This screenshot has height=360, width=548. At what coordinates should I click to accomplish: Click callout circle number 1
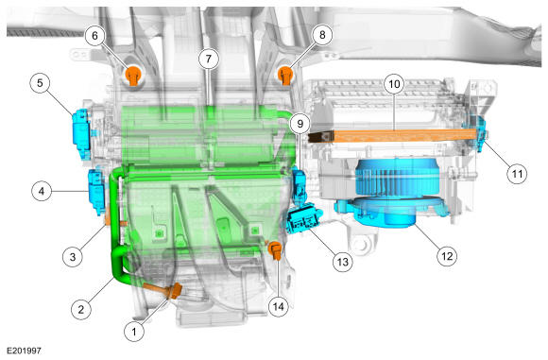coord(134,332)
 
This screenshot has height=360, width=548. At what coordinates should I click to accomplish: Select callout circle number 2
coord(81,309)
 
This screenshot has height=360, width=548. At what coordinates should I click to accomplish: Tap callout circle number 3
coord(73,257)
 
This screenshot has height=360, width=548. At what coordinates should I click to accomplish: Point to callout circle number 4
coord(42,191)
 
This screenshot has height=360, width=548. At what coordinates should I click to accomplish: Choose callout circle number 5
coord(40,83)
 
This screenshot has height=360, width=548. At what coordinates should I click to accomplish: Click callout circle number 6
coord(95,35)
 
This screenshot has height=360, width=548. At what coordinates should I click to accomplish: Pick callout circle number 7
coord(209,59)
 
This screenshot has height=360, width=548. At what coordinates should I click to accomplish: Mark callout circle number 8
coord(322,35)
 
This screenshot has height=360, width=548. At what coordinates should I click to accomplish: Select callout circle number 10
coord(394,84)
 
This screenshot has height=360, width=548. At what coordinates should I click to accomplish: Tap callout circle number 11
coord(517,174)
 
